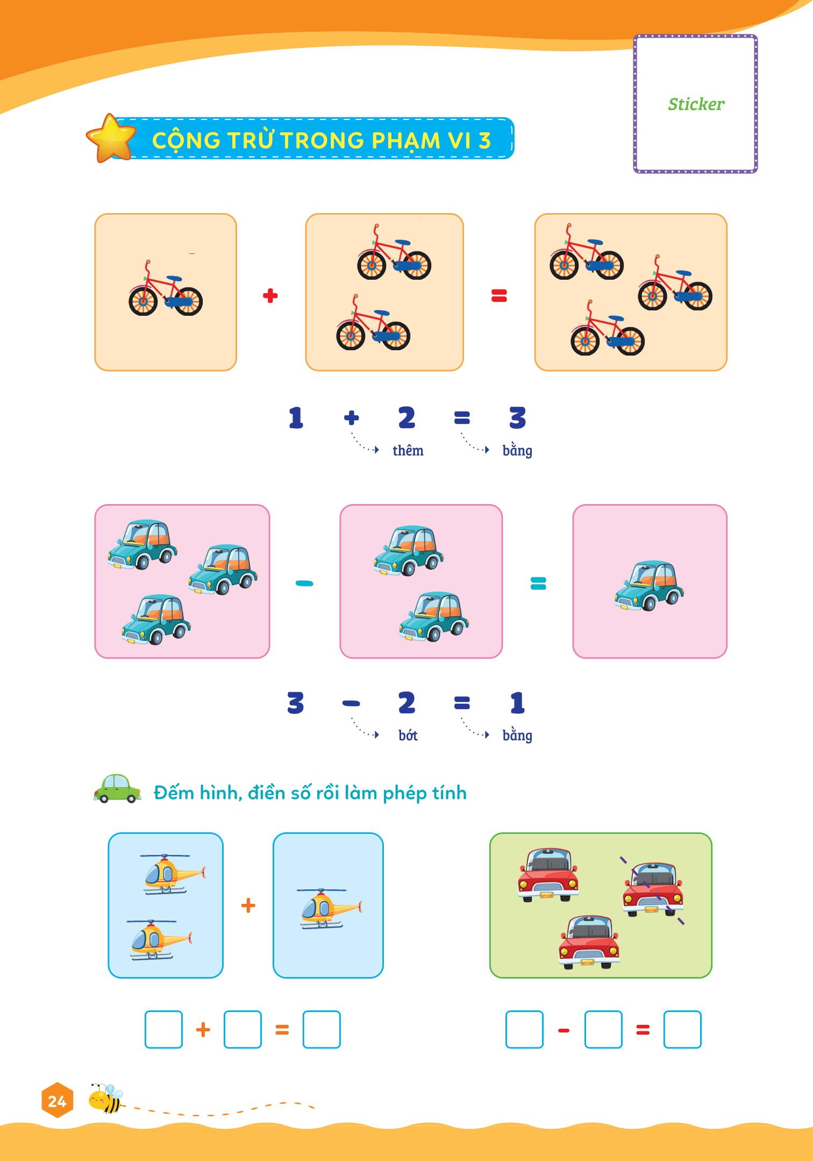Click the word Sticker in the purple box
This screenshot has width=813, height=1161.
pos(696,104)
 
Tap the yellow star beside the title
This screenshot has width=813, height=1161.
pos(111,138)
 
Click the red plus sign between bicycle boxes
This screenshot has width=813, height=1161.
pos(270,295)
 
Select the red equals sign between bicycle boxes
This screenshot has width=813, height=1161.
pos(499,295)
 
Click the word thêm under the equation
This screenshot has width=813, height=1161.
pos(408,450)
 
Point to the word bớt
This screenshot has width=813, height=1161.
pos(408,735)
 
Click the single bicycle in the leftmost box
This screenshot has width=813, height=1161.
pos(165,288)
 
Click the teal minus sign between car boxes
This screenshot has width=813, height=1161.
pos(304,583)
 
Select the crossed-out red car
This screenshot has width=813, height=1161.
pos(653,889)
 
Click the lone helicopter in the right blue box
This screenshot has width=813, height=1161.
pos(329,909)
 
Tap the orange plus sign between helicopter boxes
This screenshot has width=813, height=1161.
pos(248,905)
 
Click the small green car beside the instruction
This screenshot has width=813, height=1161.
pos(117,789)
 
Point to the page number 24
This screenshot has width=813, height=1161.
pos(56,1101)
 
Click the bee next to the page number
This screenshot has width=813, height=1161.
pos(106,1098)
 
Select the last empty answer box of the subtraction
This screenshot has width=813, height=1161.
pos(682,1030)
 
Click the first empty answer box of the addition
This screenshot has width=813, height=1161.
pos(163,1030)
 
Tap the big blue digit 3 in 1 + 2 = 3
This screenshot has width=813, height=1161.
pos(517,417)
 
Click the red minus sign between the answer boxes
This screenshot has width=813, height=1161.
pos(564,1031)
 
